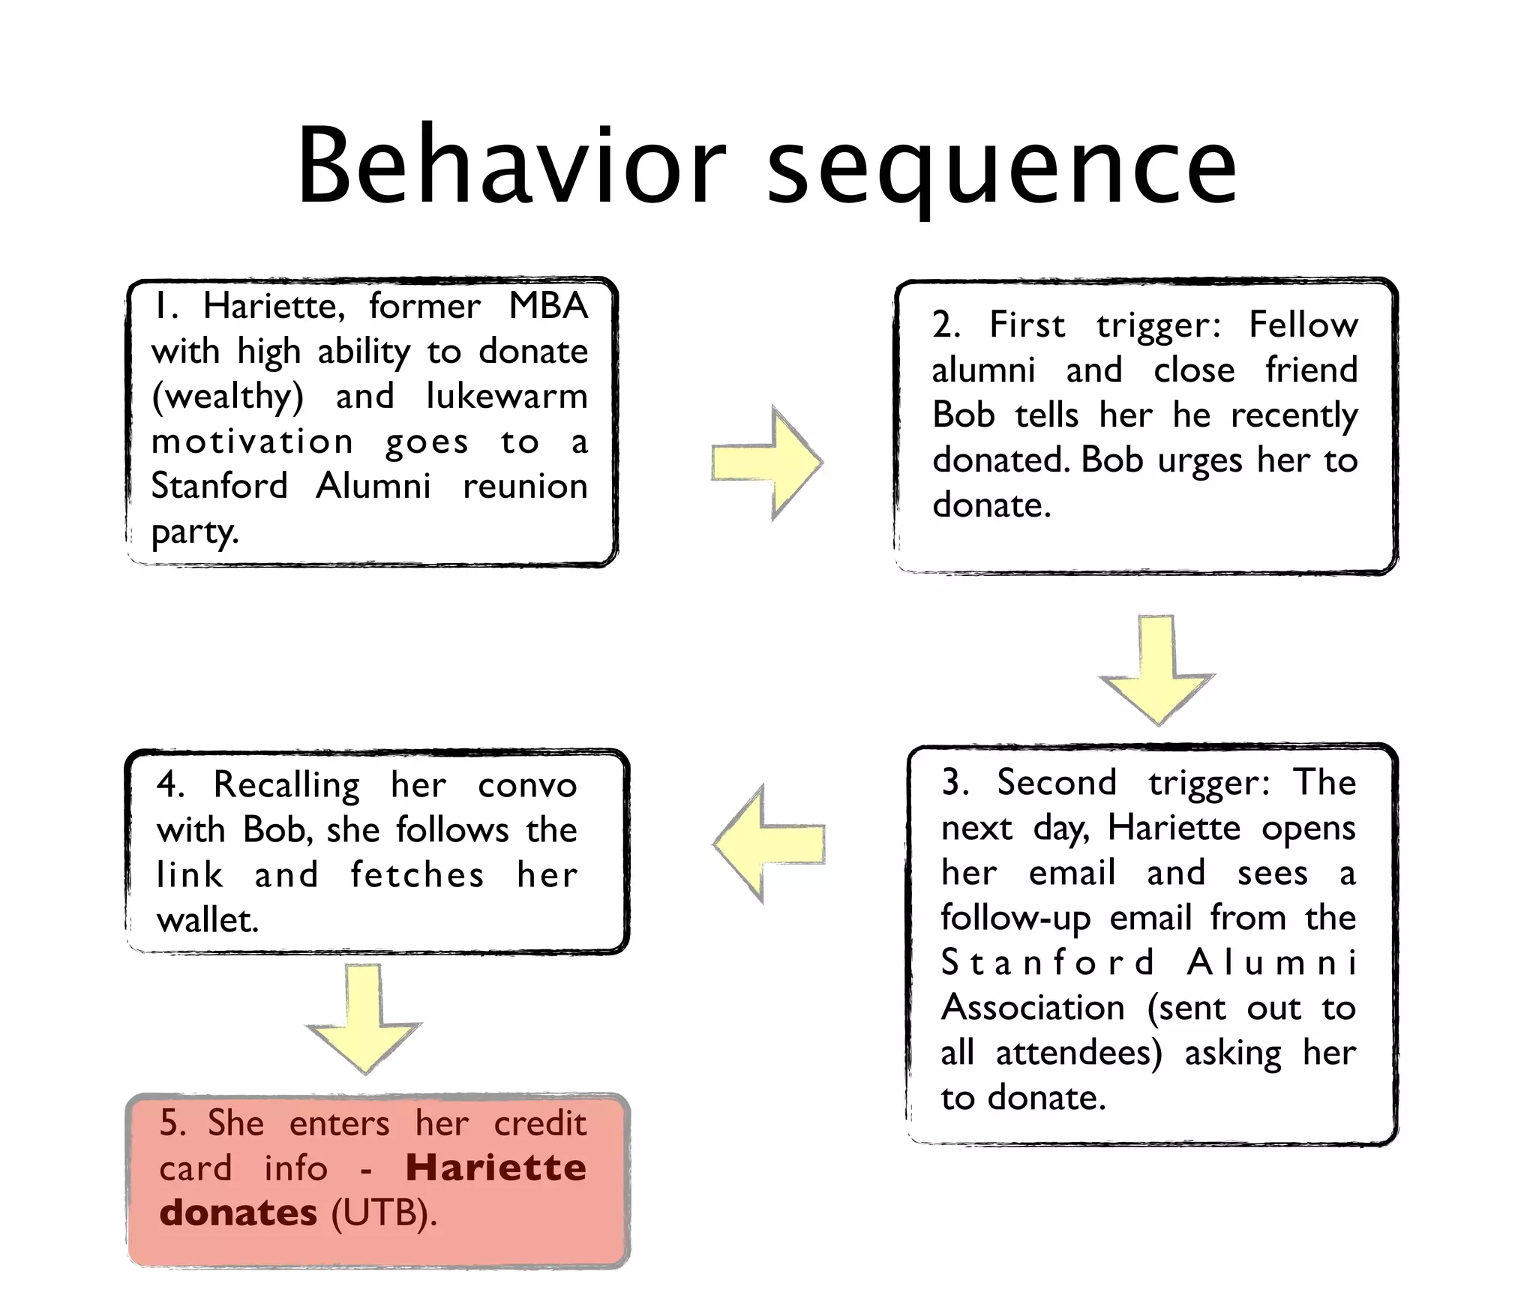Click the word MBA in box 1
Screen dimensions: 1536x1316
[548, 306]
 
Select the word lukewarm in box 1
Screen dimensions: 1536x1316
[507, 396]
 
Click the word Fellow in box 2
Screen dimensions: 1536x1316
[1303, 325]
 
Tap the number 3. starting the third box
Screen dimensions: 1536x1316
[955, 782]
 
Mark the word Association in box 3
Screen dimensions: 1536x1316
[1033, 1007]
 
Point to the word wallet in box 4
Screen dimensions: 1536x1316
[206, 920]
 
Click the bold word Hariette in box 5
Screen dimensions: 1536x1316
[496, 1168]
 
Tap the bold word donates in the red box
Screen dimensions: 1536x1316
[238, 1213]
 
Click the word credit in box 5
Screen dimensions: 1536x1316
[540, 1123]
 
